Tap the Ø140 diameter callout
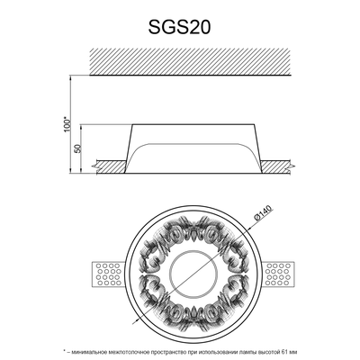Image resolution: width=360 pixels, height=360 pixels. pyautogui.click(x=263, y=213)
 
